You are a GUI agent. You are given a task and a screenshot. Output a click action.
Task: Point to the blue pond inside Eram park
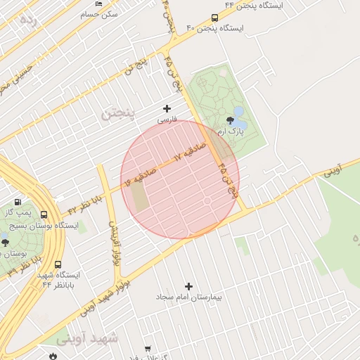coord(239,112)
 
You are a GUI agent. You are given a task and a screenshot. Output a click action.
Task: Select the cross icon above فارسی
coord(167,108)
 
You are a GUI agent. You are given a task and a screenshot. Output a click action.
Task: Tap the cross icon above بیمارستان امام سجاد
coord(188,286)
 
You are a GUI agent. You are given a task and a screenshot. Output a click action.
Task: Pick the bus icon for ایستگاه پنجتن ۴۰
coord(214,18)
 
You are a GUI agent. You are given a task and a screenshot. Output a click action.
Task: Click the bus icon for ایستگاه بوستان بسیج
coord(44,215)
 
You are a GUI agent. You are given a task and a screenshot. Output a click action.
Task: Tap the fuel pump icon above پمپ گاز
coord(27,202)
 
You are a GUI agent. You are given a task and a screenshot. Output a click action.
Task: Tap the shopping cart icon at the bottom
coord(148,349)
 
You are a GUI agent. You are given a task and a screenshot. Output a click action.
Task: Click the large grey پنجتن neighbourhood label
coord(117,112)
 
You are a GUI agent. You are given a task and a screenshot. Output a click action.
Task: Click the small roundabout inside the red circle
coord(207,202)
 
